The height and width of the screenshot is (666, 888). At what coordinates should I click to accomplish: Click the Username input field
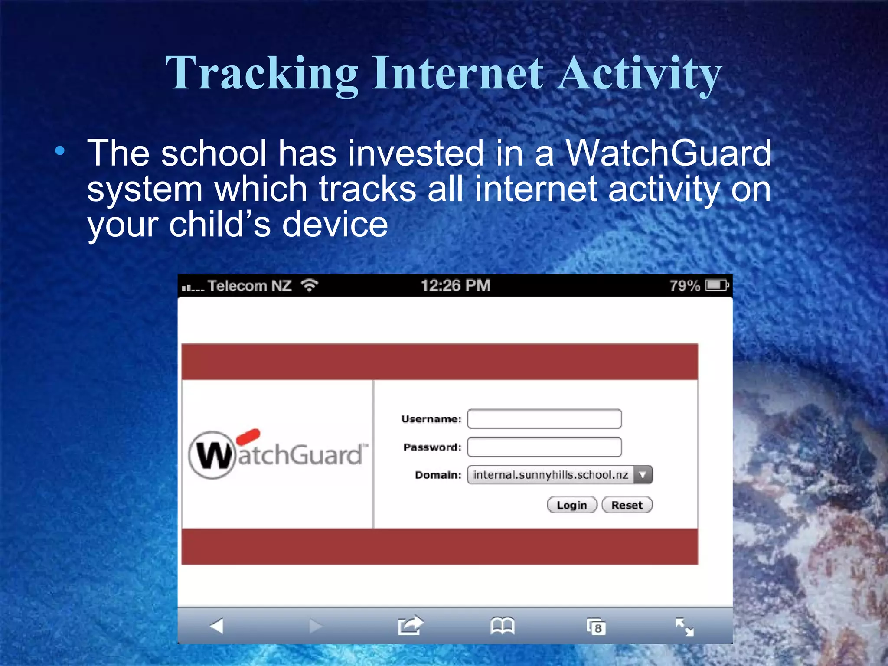pos(544,419)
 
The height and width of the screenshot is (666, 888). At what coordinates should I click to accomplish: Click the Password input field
pos(544,447)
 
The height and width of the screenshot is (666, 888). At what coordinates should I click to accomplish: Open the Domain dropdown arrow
pos(643,475)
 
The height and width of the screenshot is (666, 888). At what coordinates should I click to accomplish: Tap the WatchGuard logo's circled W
pos(212,455)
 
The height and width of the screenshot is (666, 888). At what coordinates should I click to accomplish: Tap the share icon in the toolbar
pos(410,626)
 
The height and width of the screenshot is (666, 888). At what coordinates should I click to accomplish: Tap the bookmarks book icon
pos(502,626)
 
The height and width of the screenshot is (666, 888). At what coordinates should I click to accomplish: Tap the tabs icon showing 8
pos(596,627)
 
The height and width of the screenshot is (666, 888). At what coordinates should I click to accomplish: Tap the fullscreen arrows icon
pos(685,627)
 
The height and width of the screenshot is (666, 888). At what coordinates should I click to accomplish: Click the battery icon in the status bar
pos(716,285)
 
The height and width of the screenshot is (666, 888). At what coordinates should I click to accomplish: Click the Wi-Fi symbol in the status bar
pos(310,285)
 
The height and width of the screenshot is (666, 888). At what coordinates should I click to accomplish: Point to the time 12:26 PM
pos(455,285)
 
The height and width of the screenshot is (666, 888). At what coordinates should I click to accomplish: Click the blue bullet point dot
pos(60,151)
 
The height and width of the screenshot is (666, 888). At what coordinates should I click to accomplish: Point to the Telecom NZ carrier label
pos(249,286)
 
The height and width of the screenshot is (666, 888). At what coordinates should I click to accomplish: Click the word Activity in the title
pos(639,74)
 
